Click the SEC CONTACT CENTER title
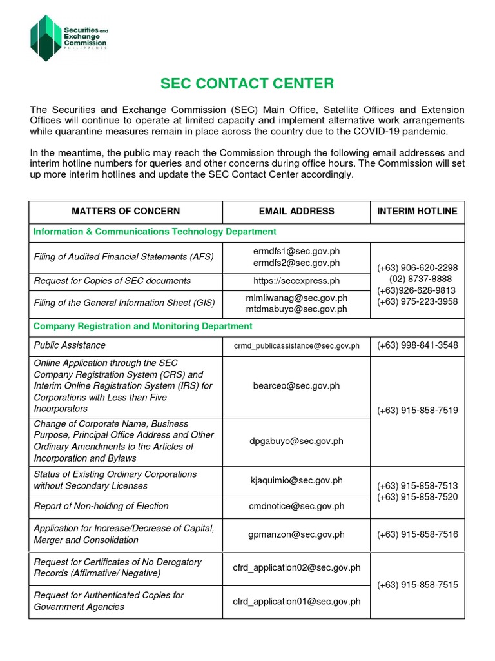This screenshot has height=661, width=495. click(x=247, y=83)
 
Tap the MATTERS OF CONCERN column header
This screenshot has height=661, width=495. click(x=126, y=211)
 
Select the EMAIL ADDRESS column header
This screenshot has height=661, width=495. click(x=296, y=211)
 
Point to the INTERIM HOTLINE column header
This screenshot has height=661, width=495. click(x=417, y=211)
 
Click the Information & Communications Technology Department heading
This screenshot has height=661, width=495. click(x=155, y=232)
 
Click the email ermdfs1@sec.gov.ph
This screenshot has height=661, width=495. click(x=296, y=251)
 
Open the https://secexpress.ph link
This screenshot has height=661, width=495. click(x=296, y=281)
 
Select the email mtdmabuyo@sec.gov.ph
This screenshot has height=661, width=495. click(x=296, y=309)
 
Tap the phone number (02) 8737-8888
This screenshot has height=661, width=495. click(x=420, y=279)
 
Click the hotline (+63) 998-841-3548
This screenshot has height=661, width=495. click(x=418, y=345)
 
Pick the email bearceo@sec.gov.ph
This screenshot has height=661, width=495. click(x=296, y=386)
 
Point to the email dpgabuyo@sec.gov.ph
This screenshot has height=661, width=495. click(x=296, y=442)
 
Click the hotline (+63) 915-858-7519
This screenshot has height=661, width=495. click(x=418, y=411)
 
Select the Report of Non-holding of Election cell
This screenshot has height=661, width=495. click(x=101, y=506)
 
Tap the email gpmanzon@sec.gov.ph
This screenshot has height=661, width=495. click(x=296, y=534)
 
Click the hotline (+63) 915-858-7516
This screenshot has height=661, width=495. click(x=418, y=534)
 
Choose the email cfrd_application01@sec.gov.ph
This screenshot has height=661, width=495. click(x=296, y=602)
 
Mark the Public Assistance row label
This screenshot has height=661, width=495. click(x=70, y=345)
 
